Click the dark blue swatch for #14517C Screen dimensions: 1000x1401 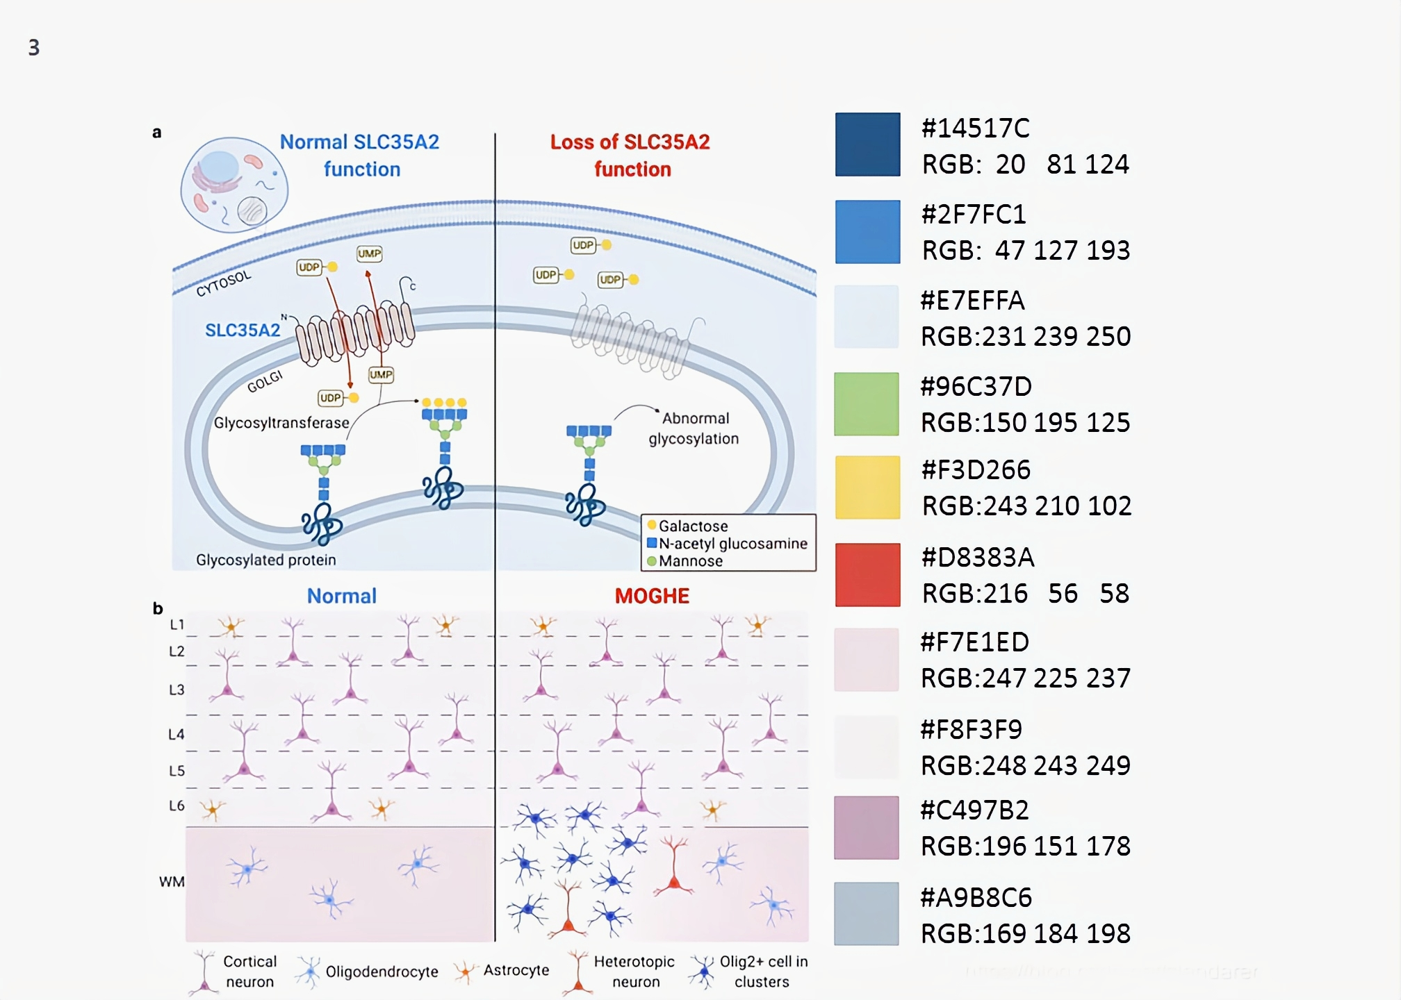[x=867, y=144]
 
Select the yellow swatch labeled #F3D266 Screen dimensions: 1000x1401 [x=867, y=487]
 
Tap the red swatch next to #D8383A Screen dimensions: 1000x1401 [x=867, y=575]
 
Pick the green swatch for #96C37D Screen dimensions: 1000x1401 [x=867, y=404]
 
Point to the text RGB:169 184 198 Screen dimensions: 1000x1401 [x=1025, y=933]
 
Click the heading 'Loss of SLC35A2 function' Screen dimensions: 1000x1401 [x=630, y=156]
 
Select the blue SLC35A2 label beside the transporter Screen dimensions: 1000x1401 [x=243, y=330]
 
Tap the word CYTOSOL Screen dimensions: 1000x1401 [x=223, y=283]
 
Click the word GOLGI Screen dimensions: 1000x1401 [x=265, y=381]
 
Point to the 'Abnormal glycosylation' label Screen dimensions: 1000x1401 [x=694, y=428]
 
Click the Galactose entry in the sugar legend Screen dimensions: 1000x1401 [x=693, y=526]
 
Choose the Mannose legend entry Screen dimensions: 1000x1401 [x=690, y=561]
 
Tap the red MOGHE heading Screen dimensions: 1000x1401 [x=652, y=596]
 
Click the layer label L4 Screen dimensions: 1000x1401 [x=177, y=734]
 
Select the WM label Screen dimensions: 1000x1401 [x=172, y=881]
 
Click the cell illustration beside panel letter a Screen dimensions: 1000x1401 [x=233, y=185]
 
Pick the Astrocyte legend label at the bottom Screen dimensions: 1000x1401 [x=516, y=970]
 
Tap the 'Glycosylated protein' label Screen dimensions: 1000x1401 [x=265, y=560]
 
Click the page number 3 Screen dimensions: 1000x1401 [x=34, y=47]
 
